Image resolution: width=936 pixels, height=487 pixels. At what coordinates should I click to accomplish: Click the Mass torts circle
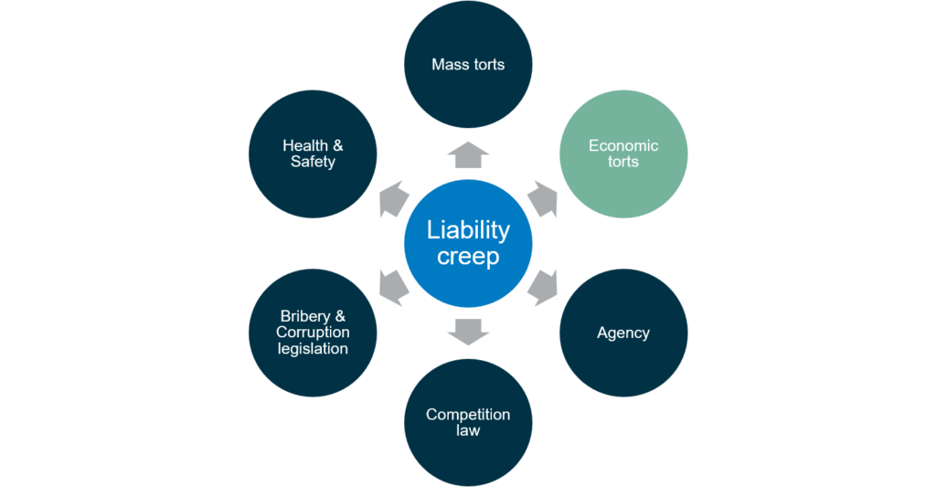pyautogui.click(x=468, y=64)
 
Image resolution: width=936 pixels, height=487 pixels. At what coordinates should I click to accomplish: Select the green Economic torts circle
pyautogui.click(x=623, y=154)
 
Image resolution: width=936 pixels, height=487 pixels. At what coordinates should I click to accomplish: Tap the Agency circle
pyautogui.click(x=623, y=333)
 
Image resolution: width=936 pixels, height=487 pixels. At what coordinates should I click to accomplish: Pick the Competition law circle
pyautogui.click(x=468, y=422)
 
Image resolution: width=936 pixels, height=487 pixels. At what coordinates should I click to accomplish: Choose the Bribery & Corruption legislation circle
pyautogui.click(x=313, y=333)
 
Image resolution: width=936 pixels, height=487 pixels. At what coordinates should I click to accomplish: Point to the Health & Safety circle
pyautogui.click(x=313, y=154)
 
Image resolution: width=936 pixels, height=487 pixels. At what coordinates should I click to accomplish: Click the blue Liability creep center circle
pyautogui.click(x=468, y=243)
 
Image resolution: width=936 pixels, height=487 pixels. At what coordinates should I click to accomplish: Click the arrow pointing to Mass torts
pyautogui.click(x=468, y=154)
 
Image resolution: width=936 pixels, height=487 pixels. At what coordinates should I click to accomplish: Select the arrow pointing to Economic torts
pyautogui.click(x=543, y=199)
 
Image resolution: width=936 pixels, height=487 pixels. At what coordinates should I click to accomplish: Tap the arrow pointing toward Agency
pyautogui.click(x=543, y=288)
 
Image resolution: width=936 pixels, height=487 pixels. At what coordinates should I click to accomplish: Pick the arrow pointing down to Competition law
pyautogui.click(x=468, y=333)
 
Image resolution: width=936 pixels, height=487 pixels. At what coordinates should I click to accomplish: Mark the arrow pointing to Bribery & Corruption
pyautogui.click(x=394, y=288)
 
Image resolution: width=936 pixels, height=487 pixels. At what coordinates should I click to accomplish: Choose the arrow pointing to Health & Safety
pyautogui.click(x=394, y=199)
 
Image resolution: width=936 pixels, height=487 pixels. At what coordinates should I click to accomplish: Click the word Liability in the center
pyautogui.click(x=468, y=229)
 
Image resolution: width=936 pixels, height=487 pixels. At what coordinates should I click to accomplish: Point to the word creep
pyautogui.click(x=468, y=256)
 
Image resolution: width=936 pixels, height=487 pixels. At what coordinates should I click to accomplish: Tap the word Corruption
pyautogui.click(x=313, y=333)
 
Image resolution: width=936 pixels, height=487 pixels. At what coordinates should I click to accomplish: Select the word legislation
pyautogui.click(x=313, y=348)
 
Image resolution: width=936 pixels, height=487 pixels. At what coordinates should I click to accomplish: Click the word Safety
pyautogui.click(x=313, y=162)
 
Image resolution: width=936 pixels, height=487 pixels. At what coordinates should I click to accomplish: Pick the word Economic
pyautogui.click(x=623, y=145)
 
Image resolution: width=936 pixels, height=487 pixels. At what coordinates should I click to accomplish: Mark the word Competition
pyautogui.click(x=468, y=415)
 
